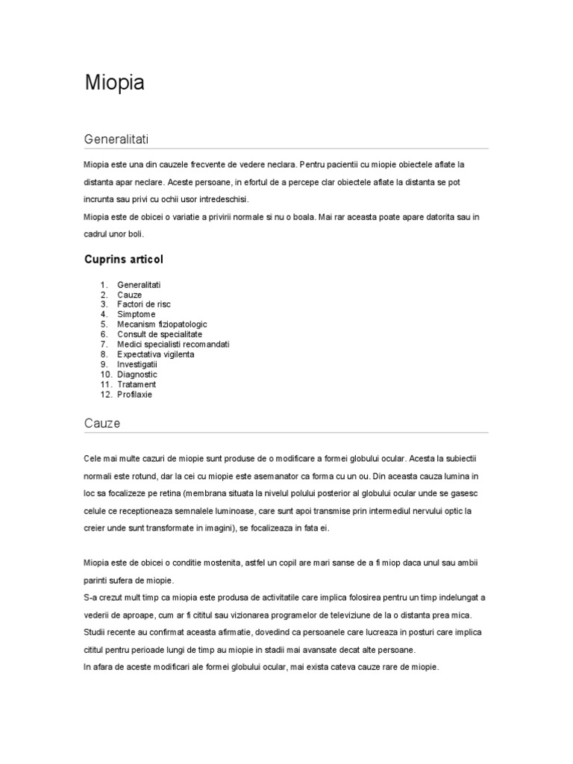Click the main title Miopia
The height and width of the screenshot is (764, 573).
114,84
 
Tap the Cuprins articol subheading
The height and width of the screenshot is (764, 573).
124,260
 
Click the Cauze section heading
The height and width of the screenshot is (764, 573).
102,424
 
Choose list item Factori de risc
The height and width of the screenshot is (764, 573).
145,304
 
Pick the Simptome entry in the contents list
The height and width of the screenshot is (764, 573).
137,315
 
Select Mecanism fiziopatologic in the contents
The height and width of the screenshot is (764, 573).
162,325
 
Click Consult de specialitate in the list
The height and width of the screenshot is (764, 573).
160,334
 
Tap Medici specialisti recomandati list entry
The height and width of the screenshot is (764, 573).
173,345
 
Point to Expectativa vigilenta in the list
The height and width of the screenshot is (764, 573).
155,354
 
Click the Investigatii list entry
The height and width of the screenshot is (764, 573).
137,364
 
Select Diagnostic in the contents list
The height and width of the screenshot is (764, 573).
137,375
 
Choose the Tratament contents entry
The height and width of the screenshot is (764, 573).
137,384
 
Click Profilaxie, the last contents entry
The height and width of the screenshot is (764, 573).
134,394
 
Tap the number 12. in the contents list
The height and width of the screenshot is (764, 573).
104,394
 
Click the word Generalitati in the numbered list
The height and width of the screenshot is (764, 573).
139,285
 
